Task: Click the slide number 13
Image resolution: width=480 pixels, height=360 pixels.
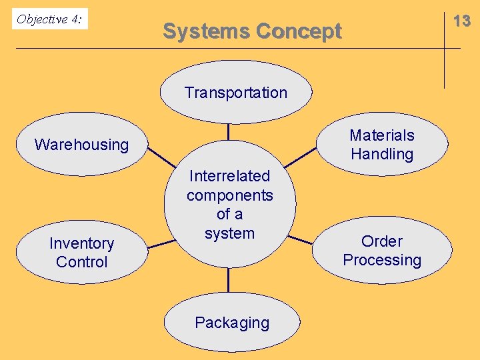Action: (461, 21)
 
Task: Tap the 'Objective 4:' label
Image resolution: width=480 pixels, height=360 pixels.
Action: (49, 19)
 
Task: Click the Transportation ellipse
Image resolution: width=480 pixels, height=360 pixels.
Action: (235, 93)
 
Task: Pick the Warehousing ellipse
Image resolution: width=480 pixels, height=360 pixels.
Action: (81, 145)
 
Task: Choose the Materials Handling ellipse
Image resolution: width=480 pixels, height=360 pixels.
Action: (382, 145)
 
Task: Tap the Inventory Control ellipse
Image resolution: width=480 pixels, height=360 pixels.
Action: (81, 253)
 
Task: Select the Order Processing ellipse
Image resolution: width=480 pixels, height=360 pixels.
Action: (382, 251)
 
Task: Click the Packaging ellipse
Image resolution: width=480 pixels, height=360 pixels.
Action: (232, 323)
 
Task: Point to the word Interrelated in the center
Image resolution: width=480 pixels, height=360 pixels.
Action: (229, 176)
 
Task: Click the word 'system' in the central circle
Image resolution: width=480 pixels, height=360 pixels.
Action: (229, 233)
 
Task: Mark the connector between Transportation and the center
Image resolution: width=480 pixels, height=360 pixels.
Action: (228, 131)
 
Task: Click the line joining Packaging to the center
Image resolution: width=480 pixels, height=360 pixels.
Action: (228, 280)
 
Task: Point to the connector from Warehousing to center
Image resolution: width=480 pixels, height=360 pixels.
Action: (161, 156)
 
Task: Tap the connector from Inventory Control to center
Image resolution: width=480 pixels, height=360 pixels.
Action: (161, 244)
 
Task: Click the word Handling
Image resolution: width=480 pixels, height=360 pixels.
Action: (382, 154)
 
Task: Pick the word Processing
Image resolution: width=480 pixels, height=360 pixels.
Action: (382, 260)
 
